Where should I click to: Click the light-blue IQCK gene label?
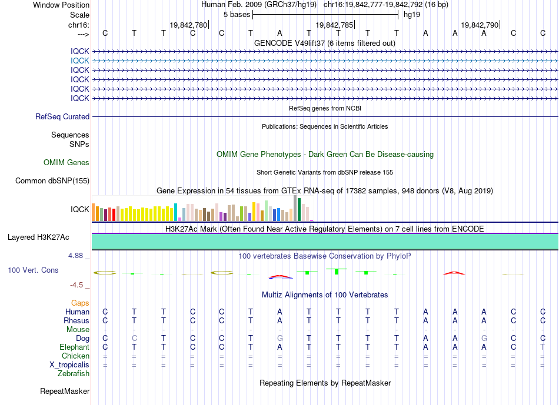80,61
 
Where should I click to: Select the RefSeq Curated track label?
62,116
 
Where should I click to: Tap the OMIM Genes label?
66,162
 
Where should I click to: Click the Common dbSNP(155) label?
52,180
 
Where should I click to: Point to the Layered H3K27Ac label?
38,237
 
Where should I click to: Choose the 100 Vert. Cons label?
33,270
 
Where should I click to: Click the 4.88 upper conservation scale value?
75,255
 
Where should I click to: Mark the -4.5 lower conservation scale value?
76,284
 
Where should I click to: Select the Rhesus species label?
76,320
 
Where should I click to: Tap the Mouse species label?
78,330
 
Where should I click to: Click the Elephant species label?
75,347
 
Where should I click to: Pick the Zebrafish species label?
74,373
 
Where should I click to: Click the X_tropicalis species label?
69,365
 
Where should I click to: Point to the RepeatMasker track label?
65,391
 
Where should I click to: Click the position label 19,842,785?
334,25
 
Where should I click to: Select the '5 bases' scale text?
237,15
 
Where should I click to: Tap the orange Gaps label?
80,303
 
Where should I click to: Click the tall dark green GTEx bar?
299,209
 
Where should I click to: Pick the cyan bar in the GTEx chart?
175,212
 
